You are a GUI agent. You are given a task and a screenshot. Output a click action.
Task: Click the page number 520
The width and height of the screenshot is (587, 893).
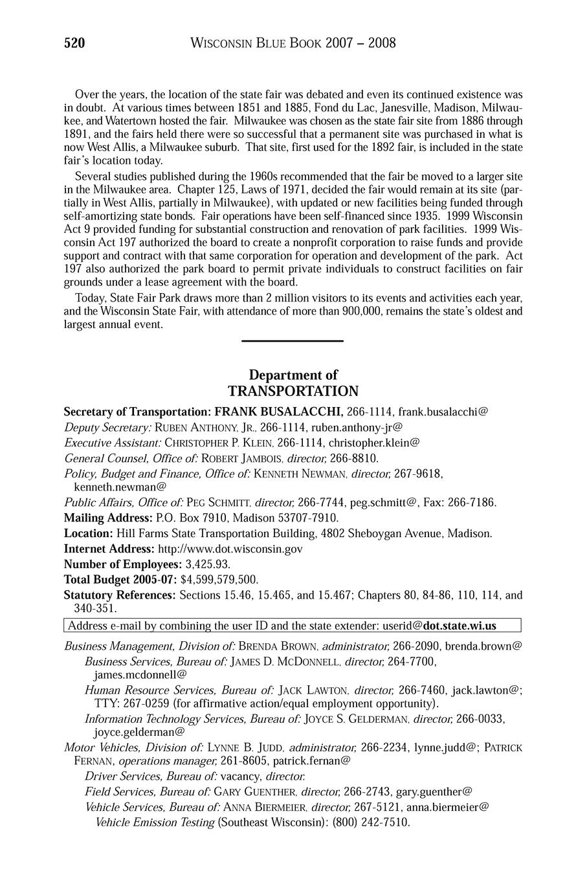74,43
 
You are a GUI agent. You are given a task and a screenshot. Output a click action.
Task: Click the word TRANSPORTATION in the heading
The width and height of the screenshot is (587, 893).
293,391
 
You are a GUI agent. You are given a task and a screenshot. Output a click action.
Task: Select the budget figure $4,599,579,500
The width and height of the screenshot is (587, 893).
219,579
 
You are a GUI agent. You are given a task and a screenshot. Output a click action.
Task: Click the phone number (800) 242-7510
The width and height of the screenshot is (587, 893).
371,822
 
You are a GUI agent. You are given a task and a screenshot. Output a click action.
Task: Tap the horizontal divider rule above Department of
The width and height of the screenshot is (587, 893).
292,341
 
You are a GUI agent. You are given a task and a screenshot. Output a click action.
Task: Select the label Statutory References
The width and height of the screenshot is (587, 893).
120,595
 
